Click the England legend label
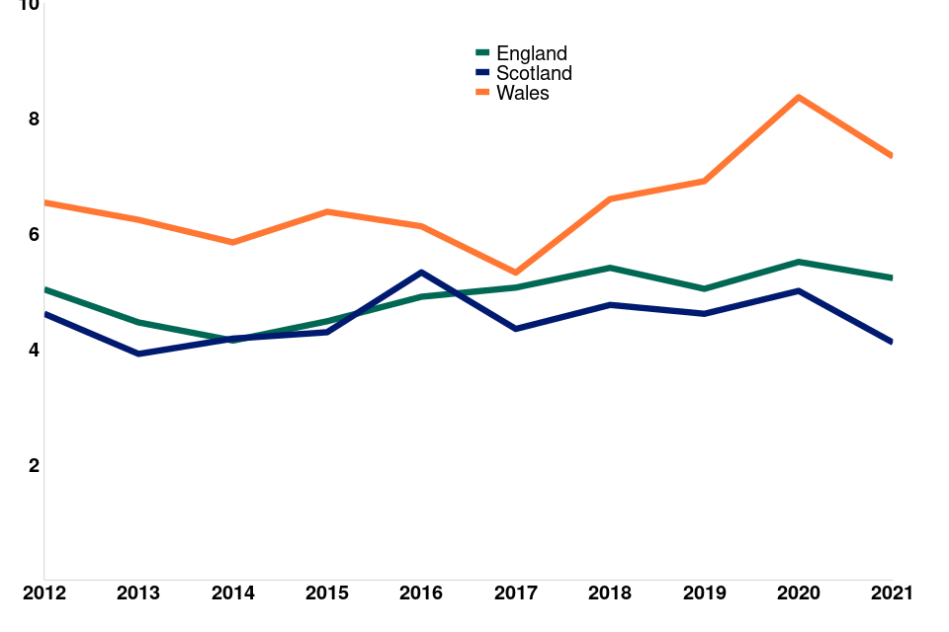coord(531,53)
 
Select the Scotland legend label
coord(534,73)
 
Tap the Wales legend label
coord(522,93)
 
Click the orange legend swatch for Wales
coord(482,93)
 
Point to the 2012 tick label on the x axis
coord(43,592)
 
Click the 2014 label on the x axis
coord(232,592)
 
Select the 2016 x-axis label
coord(421,592)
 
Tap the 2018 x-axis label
coord(610,592)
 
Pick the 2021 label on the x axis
coord(892,592)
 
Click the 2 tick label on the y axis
coord(33,465)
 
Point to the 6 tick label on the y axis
coord(33,234)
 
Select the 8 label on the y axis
coord(33,118)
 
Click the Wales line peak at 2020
coord(798,97)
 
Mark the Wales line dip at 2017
coord(515,273)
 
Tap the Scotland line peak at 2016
coord(421,272)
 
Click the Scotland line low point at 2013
coord(138,354)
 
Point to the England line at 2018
coord(610,268)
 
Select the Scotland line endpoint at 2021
coord(891,342)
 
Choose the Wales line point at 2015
coord(327,211)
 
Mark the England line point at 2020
coord(798,262)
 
